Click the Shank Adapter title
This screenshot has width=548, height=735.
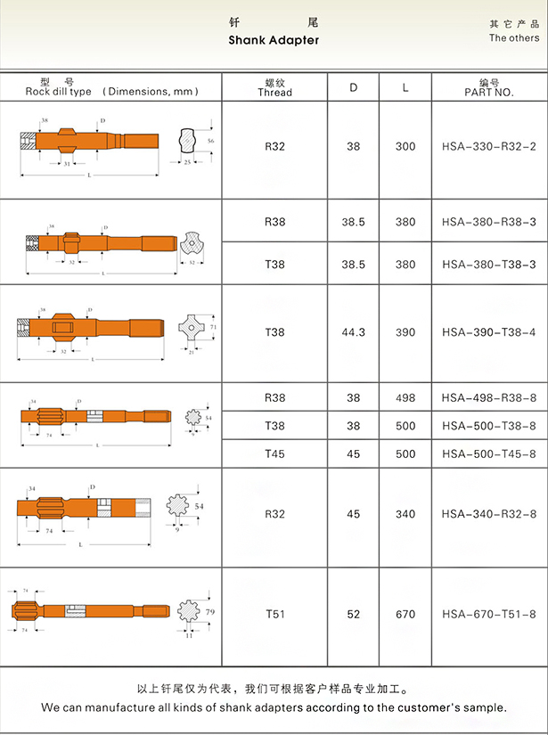pyautogui.click(x=274, y=40)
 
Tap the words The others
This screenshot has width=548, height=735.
pyautogui.click(x=514, y=38)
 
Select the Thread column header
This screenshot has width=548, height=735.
pyautogui.click(x=274, y=87)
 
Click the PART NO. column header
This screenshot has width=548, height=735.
pyautogui.click(x=489, y=87)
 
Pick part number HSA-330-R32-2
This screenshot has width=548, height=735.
pyautogui.click(x=489, y=147)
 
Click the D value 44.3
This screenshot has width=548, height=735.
pyautogui.click(x=353, y=332)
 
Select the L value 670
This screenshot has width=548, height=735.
pyautogui.click(x=405, y=614)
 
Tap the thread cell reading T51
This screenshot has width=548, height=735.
pyautogui.click(x=274, y=614)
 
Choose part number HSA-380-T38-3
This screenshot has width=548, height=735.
pyautogui.click(x=489, y=265)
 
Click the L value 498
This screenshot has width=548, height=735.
pyautogui.click(x=405, y=398)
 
